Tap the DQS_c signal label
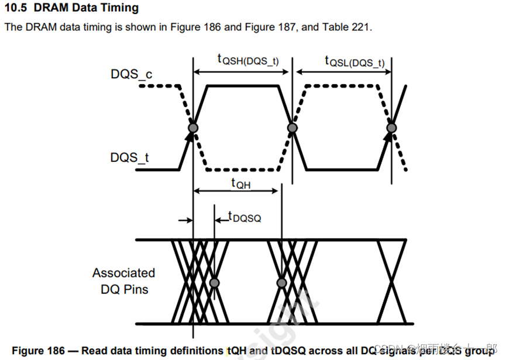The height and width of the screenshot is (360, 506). pos(130,74)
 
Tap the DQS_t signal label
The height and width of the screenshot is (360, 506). pos(129,158)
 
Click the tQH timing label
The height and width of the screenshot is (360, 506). pos(241,184)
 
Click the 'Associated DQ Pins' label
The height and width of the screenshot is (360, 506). pos(123,281)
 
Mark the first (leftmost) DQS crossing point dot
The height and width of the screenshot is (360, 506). pos(192,128)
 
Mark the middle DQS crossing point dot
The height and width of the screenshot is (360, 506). pos(292,128)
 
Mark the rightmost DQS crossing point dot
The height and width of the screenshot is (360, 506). pos(392,128)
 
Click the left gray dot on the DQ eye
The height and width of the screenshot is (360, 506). pos(214,283)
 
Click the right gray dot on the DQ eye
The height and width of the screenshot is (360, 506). pos(282,283)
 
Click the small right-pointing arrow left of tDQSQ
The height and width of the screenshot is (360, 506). pos(185,220)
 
